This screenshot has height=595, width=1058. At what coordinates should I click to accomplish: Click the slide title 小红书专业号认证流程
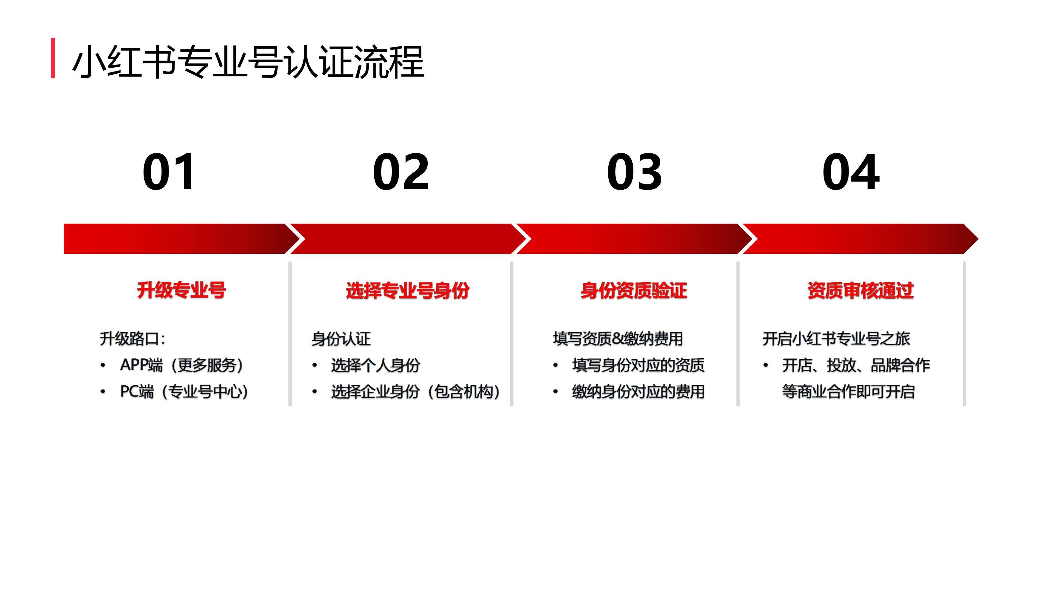[248, 62]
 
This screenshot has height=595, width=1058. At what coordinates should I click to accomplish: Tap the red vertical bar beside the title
[53, 58]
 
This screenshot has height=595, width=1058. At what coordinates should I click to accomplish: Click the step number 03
[634, 172]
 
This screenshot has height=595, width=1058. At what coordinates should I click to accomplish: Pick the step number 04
[851, 172]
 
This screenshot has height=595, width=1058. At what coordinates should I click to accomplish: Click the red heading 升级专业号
[182, 290]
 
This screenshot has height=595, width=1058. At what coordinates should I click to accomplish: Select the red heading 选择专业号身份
[407, 290]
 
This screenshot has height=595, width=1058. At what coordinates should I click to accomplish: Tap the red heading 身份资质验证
[634, 290]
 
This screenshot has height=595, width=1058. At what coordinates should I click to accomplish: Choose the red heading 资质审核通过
[861, 290]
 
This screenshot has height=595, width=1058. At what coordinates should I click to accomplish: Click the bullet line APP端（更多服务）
[182, 365]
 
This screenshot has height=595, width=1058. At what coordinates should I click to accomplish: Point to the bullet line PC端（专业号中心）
[184, 392]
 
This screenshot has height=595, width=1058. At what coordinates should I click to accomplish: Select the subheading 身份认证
[341, 339]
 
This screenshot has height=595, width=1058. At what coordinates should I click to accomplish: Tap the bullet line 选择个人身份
[375, 365]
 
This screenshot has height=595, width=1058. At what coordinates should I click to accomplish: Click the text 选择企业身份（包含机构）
[415, 392]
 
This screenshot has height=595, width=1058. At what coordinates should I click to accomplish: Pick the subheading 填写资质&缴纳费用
[618, 339]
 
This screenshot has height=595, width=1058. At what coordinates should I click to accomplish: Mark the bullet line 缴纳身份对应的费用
[638, 392]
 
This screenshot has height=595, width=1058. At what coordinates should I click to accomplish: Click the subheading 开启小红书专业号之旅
[836, 339]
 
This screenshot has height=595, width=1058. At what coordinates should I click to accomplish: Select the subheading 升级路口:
[132, 339]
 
